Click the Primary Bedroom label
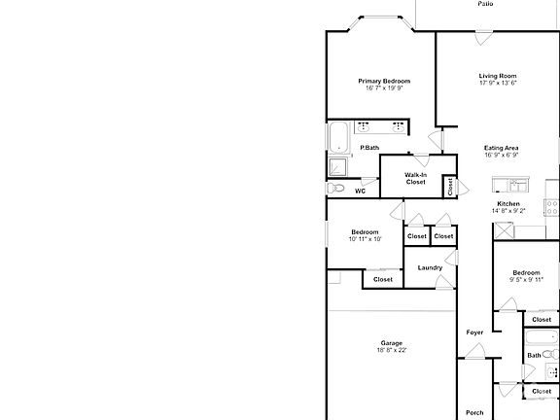coord(384,81)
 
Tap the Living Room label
coord(497,76)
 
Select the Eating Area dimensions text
coord(501,155)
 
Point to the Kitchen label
coord(508,203)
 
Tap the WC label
coord(360,192)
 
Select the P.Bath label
coord(369,148)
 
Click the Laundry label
coord(430,267)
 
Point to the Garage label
coord(392,342)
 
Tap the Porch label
coord(474,412)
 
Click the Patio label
coord(485,4)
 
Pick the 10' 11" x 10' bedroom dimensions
coord(365,238)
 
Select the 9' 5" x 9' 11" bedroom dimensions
coord(526,279)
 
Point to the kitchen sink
coord(508,185)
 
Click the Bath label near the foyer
coord(534,356)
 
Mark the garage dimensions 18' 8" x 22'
coord(392,350)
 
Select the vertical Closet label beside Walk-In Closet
coord(450,186)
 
